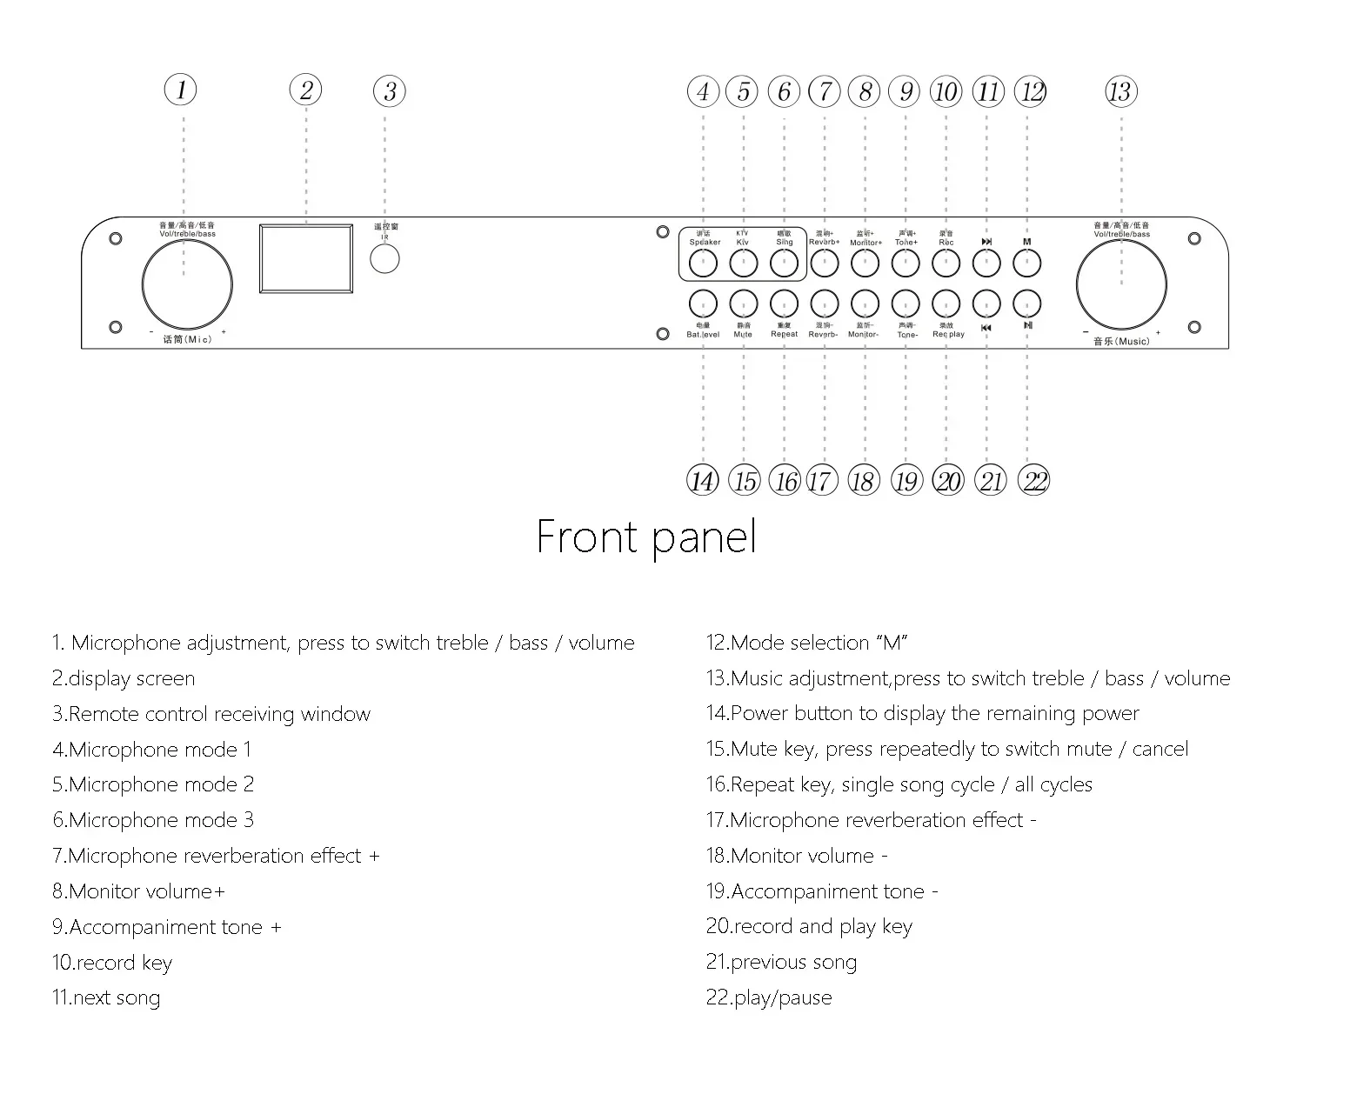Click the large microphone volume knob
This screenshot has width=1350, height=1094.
[186, 284]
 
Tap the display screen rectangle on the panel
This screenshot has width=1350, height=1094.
[306, 258]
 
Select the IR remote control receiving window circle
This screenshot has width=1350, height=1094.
[384, 259]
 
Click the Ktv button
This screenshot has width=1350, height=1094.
[743, 262]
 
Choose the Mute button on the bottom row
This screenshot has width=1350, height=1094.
[743, 303]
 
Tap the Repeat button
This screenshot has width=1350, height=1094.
[784, 303]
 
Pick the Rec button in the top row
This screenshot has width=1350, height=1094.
[946, 262]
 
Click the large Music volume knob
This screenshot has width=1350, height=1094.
[1121, 284]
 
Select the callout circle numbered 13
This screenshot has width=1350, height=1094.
[1121, 91]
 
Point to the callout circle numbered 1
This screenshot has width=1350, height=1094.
[181, 90]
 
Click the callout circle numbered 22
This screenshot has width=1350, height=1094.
[1033, 481]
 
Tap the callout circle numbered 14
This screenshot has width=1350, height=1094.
[702, 481]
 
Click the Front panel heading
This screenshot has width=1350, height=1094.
[646, 537]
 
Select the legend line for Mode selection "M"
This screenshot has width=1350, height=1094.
[807, 643]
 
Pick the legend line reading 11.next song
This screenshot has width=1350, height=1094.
[106, 997]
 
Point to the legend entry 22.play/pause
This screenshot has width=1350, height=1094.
[769, 997]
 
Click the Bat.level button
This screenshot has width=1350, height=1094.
[703, 303]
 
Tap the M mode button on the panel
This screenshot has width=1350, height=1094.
[1027, 262]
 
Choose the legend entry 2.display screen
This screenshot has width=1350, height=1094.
[124, 678]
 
